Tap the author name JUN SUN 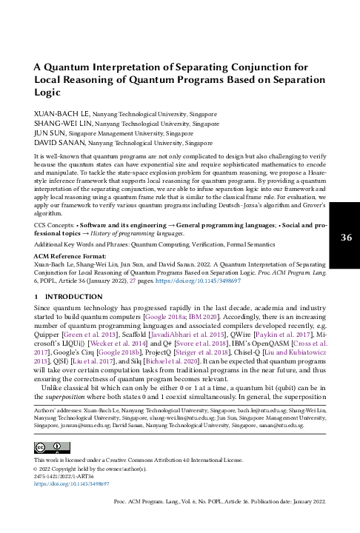coord(50,134)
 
